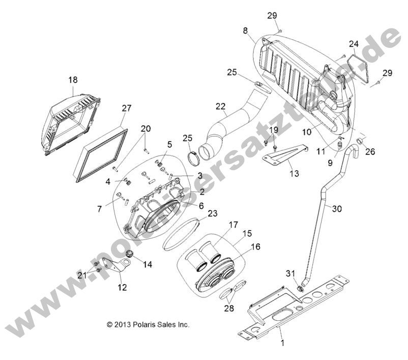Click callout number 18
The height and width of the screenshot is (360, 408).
coord(73,80)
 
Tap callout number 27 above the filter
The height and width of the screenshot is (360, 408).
coord(127,108)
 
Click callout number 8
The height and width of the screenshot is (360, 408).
coord(246,31)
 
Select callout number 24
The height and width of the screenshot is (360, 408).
coord(354,44)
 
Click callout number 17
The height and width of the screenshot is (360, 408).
coord(219,224)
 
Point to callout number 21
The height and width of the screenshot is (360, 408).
coord(81,275)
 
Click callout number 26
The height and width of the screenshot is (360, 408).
coord(369,151)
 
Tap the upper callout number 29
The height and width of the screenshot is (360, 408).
coord(272,15)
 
